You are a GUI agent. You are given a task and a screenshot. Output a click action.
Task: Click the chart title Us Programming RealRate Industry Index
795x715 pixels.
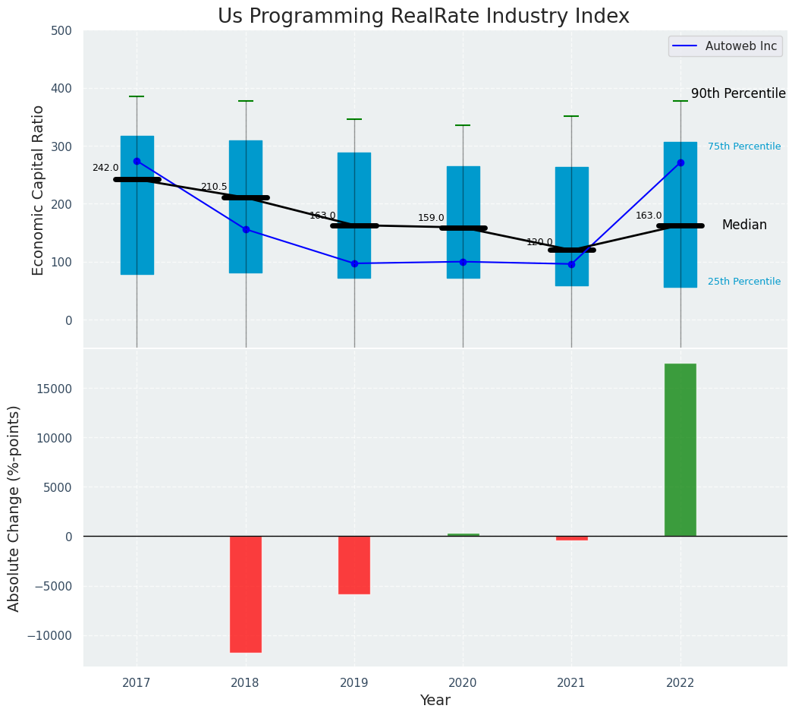(423, 17)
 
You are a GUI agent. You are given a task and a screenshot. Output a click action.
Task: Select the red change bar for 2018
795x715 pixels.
(246, 594)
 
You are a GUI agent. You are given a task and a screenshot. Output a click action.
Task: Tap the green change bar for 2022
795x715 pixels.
(680, 449)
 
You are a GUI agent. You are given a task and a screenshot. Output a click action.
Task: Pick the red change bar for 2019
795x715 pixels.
(354, 565)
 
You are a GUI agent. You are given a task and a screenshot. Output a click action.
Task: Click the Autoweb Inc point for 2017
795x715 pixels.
(137, 161)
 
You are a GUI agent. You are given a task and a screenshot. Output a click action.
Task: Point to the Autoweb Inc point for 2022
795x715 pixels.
(680, 162)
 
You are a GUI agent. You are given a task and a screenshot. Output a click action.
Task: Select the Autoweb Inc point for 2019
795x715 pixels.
(354, 263)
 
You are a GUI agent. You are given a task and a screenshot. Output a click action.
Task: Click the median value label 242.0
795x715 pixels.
(105, 168)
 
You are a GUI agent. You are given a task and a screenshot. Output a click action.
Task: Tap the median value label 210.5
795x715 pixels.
(214, 187)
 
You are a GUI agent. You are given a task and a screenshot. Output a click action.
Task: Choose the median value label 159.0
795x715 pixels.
(431, 218)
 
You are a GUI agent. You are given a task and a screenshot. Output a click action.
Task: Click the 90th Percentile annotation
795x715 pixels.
(738, 93)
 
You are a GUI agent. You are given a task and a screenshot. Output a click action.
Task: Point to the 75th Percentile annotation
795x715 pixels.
(744, 146)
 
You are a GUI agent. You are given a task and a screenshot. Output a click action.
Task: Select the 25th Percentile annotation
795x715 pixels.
(744, 282)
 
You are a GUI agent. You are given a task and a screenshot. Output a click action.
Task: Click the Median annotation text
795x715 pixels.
(744, 225)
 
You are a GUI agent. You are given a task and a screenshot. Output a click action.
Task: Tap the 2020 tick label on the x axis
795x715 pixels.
(463, 683)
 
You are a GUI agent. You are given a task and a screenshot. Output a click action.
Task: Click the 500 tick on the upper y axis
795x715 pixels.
(62, 30)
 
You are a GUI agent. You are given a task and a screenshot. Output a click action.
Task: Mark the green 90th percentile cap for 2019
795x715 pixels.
(354, 119)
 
